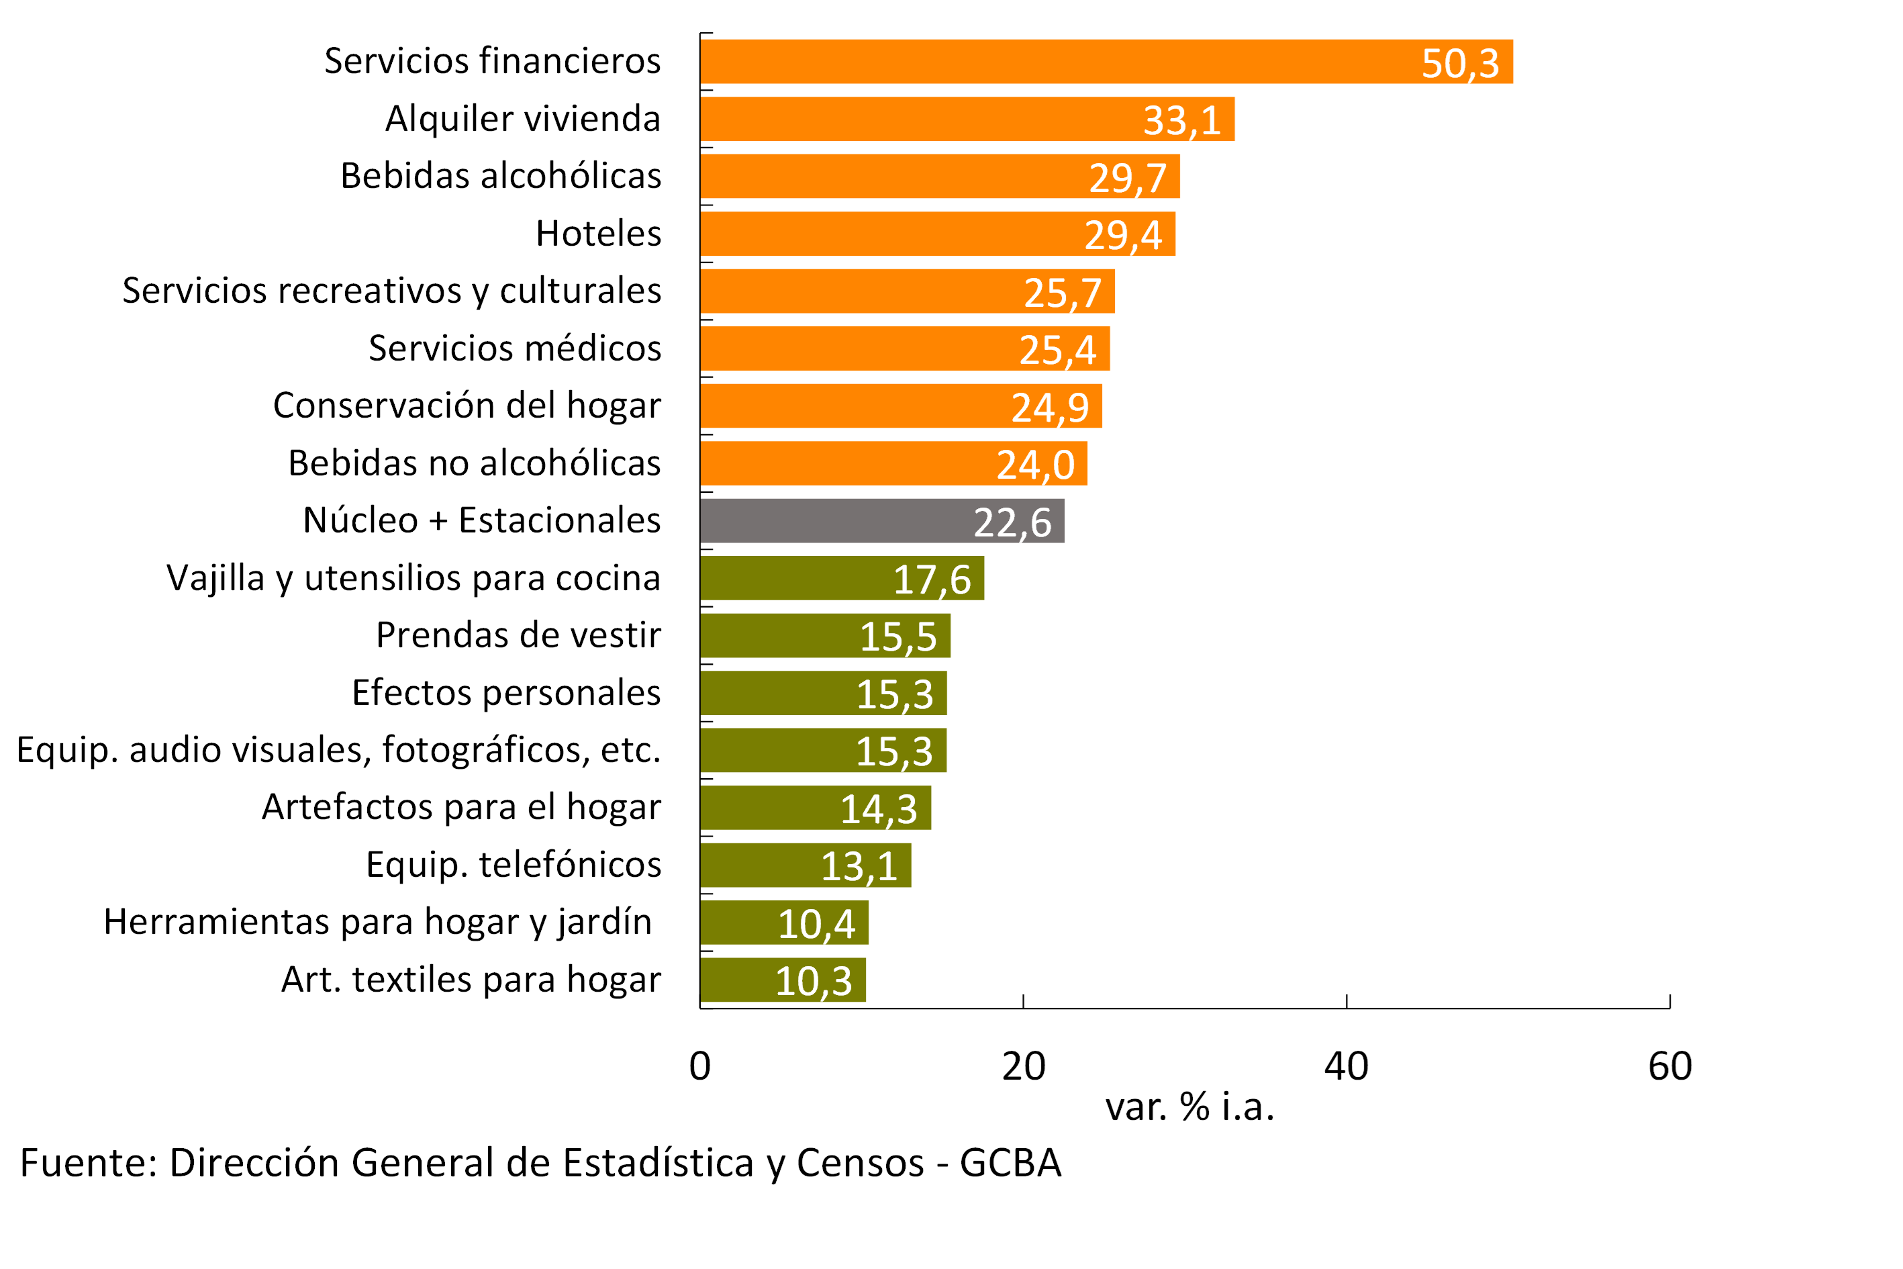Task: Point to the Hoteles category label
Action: click(x=598, y=233)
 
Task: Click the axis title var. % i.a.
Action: click(x=1189, y=1107)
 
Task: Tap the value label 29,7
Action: click(x=1127, y=178)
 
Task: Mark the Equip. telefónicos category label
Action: click(x=513, y=864)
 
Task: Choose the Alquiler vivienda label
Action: click(x=523, y=118)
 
